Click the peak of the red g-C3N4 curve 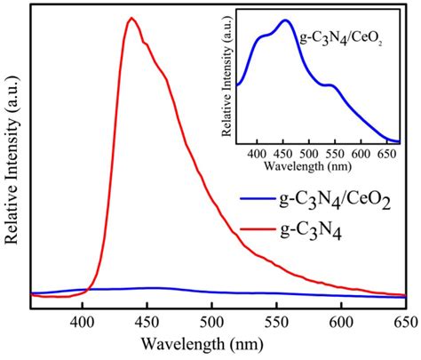pos(131,19)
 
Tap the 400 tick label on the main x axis pos(83,324)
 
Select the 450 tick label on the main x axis pos(147,324)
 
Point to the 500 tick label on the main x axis pos(211,324)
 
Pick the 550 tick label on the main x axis pos(275,324)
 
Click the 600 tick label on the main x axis pos(340,324)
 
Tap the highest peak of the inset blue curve pos(286,20)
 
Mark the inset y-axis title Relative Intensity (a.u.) pos(228,80)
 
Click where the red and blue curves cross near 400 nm pos(85,289)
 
